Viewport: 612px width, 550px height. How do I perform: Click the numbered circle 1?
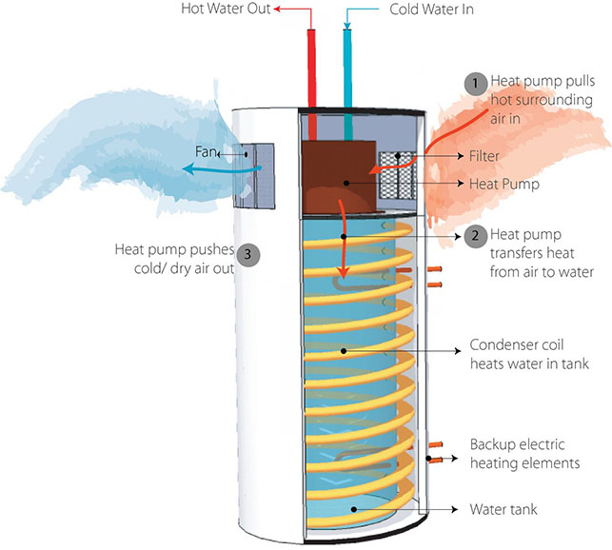point(475,83)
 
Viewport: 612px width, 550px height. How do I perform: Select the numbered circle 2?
point(475,236)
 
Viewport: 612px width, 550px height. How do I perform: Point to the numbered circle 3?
point(248,254)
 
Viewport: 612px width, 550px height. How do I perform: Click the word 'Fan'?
point(206,151)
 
